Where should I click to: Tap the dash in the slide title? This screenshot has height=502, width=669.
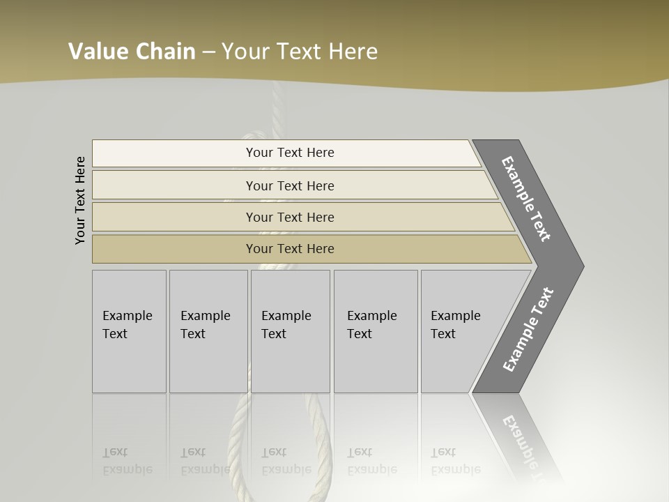pos(208,52)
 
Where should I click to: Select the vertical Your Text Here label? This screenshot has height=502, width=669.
pos(80,200)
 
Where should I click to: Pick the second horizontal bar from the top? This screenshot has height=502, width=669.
pos(289,185)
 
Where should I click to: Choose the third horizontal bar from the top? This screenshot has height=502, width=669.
pos(289,217)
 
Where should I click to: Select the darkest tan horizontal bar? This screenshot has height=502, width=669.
pos(289,249)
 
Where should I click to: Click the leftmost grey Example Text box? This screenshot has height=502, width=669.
pos(129,330)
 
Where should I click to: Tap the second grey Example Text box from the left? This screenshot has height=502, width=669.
pos(208,330)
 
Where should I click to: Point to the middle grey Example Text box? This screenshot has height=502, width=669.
pos(290,330)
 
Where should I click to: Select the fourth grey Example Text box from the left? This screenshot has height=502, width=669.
pos(376,330)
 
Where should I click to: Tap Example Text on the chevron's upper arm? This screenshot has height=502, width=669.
pos(526,199)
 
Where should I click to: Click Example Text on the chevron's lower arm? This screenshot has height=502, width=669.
pos(528,329)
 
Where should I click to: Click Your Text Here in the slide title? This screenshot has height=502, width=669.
pos(300,51)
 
